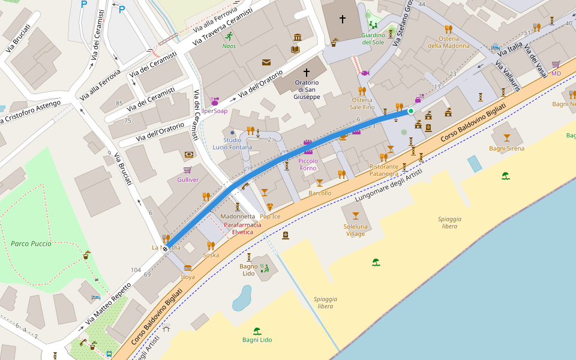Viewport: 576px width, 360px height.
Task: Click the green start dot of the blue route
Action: (x=411, y=111)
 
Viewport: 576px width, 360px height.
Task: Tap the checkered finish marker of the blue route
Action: (x=165, y=247)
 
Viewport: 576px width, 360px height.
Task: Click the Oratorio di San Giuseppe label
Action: (x=307, y=89)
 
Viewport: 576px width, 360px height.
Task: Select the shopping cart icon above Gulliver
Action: (x=188, y=170)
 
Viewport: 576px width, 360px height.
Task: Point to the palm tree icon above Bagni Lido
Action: (x=257, y=331)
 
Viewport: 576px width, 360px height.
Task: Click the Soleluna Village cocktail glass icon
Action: (x=356, y=215)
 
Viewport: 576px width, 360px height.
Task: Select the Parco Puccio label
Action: (x=31, y=244)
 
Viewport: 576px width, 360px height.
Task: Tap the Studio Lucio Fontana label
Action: (x=232, y=143)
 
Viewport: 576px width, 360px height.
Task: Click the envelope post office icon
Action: (x=266, y=62)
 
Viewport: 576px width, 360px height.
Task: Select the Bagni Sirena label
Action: (x=506, y=148)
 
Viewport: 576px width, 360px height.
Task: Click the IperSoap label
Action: (x=217, y=111)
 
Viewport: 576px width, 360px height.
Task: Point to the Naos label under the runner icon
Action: (x=229, y=46)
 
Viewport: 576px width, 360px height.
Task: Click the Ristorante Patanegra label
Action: (x=384, y=170)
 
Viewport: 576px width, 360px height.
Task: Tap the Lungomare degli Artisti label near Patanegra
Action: (x=388, y=185)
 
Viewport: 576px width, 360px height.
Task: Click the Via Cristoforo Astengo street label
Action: (x=30, y=113)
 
